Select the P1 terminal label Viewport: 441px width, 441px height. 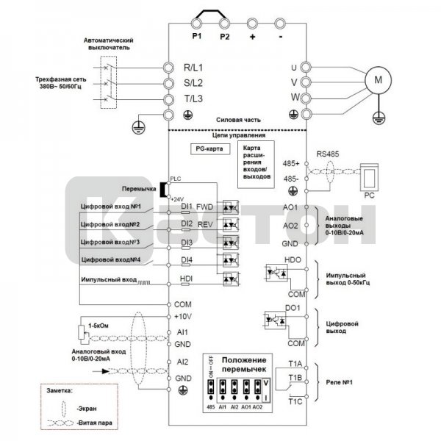pos(196,35)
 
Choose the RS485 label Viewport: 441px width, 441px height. pos(328,154)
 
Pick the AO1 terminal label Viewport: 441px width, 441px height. pos(290,208)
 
